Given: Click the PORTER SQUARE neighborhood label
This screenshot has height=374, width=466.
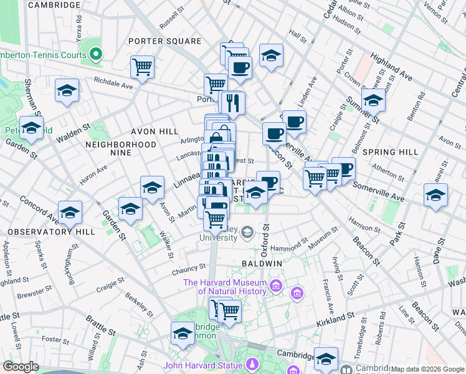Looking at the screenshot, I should (x=164, y=41).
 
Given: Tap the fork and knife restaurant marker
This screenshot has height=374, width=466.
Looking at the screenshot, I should (x=233, y=103).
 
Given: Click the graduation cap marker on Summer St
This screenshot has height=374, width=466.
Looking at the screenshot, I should (x=373, y=100).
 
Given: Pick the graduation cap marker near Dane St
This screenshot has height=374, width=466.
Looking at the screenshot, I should (x=435, y=194).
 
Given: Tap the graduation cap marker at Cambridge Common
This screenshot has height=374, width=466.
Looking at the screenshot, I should (x=183, y=333).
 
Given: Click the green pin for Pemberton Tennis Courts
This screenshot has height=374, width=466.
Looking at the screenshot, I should (x=96, y=55).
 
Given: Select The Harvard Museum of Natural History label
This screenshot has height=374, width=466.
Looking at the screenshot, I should (x=225, y=287).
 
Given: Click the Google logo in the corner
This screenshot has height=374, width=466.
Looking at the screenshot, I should (x=21, y=367).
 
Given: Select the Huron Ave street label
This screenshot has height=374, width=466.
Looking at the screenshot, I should (x=93, y=171).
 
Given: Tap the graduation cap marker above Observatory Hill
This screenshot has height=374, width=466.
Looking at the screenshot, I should (x=70, y=213).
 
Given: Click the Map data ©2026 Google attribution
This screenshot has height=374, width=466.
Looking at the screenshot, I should (x=427, y=369).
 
